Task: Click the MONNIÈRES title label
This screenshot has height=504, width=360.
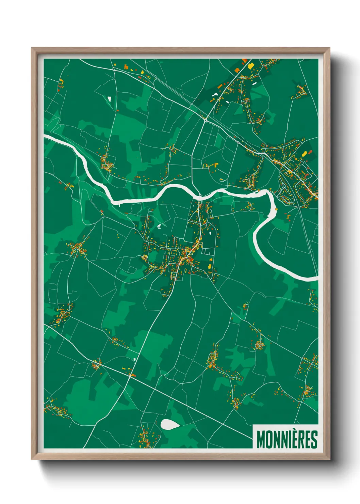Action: pos(287,439)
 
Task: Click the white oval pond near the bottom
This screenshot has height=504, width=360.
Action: pos(170,424)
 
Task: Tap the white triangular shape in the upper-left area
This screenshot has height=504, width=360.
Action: pos(110,99)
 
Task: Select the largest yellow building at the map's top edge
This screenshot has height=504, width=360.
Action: pos(251,66)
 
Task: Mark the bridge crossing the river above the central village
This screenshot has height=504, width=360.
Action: pos(199,196)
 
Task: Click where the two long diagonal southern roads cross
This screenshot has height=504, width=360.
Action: pos(131,375)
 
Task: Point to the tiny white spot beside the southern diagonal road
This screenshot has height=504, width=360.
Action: pos(135,359)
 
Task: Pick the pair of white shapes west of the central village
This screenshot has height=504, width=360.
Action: pos(159,226)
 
